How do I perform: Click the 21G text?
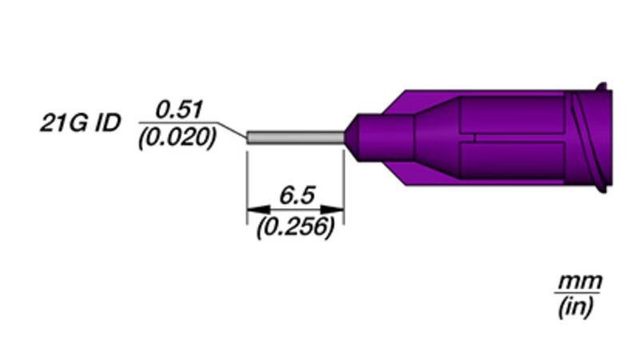65,123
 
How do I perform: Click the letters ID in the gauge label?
108,123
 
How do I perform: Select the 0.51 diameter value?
178,110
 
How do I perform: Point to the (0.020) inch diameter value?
177,137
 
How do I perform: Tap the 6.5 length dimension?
297,195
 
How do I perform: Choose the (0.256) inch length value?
296,227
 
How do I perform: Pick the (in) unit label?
574,307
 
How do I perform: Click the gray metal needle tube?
296,137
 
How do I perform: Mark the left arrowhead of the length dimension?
258,209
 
